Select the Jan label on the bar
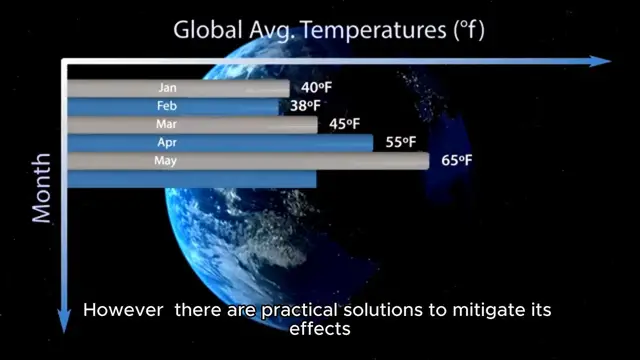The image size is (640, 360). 167,88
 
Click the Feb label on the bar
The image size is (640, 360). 167,106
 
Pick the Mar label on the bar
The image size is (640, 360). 167,124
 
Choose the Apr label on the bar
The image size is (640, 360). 167,143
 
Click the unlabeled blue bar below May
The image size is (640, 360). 191,179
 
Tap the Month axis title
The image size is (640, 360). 42,188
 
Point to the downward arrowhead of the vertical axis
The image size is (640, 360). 65,321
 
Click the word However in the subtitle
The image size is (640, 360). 124,310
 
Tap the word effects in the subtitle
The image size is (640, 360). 320,328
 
